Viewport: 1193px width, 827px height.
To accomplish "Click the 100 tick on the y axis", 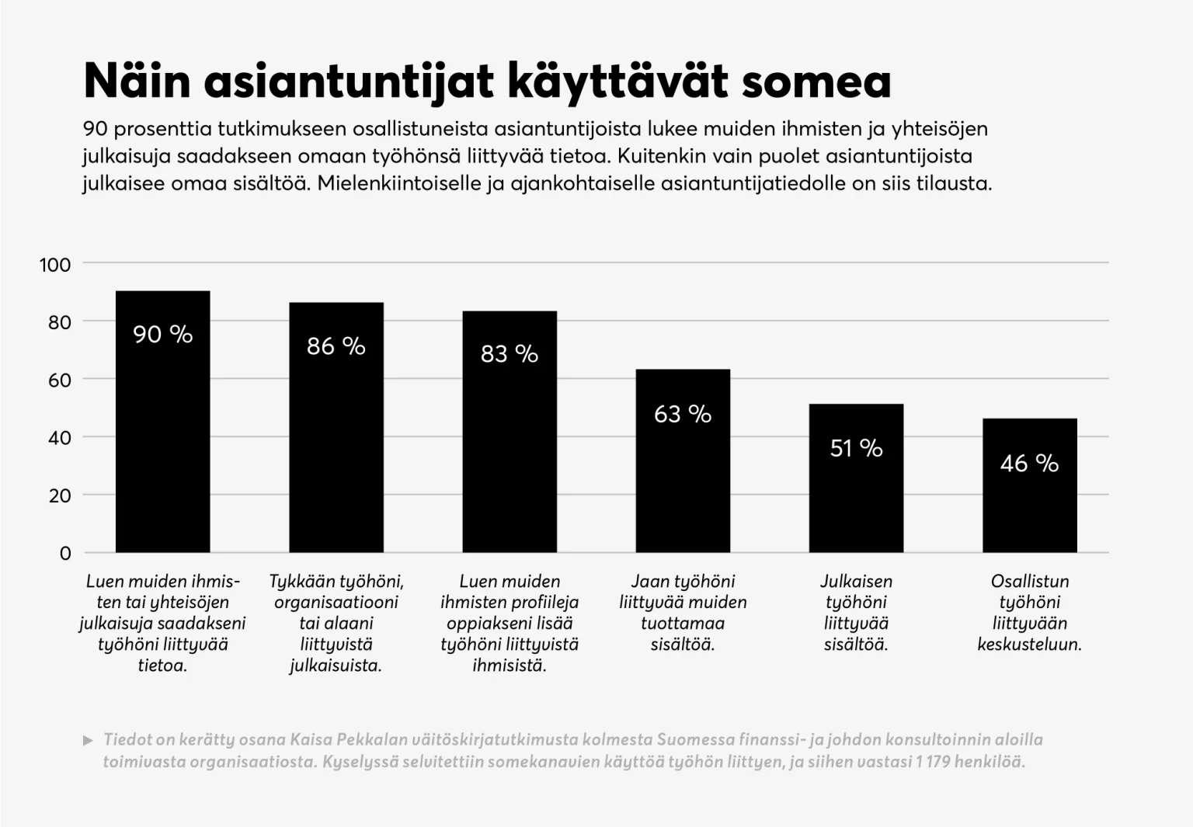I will click(55, 265).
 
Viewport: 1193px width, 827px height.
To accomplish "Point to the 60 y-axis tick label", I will click(60, 380).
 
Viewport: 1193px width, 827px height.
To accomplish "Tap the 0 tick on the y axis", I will click(65, 554).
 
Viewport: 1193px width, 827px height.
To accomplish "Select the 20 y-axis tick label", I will click(60, 495).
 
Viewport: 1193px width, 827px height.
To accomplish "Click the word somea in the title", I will click(816, 82).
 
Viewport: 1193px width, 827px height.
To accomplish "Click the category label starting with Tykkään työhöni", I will click(336, 623).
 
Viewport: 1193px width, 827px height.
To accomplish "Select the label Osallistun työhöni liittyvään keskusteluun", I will click(1029, 613).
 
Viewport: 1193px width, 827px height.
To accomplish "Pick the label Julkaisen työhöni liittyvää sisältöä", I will click(856, 613).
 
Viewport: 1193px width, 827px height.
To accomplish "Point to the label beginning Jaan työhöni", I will click(683, 613).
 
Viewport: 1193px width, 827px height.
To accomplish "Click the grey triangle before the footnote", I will click(88, 740).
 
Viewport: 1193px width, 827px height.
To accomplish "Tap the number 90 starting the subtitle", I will click(95, 129).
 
